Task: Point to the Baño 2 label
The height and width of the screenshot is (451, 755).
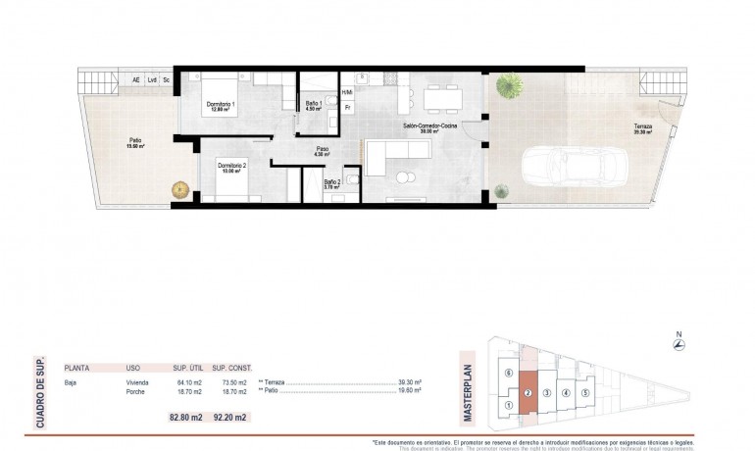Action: pyautogui.click(x=332, y=181)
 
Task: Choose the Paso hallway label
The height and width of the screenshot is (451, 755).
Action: pyautogui.click(x=321, y=150)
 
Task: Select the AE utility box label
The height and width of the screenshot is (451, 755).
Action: pyautogui.click(x=136, y=79)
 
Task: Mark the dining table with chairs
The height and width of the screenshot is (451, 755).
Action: pyautogui.click(x=440, y=96)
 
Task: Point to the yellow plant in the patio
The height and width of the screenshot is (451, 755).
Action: pyautogui.click(x=179, y=188)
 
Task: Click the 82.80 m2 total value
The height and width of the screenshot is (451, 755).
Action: pyautogui.click(x=186, y=417)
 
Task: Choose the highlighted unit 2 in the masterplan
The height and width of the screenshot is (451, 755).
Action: pyautogui.click(x=528, y=395)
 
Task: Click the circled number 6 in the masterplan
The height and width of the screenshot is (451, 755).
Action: pyautogui.click(x=508, y=374)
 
